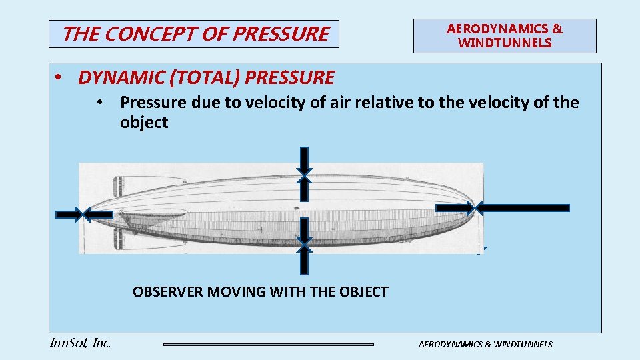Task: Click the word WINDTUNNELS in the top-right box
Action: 505,43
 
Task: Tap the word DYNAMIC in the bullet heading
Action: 121,78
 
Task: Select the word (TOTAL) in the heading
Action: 205,78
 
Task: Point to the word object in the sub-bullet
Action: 144,123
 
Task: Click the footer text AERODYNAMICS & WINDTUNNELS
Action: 485,344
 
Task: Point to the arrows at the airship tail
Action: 84,214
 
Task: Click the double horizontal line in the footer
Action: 269,344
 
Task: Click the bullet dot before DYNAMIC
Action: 59,77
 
